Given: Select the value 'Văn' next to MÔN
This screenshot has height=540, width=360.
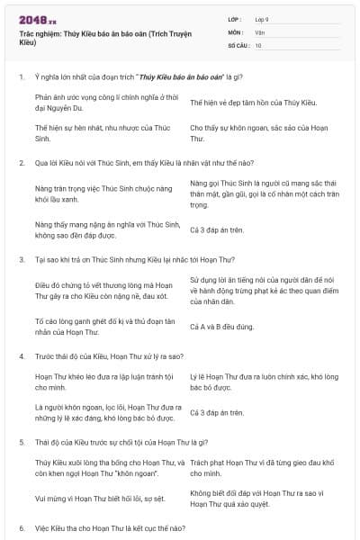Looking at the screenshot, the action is [x=260, y=31].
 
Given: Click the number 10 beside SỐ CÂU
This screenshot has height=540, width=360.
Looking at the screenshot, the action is [x=258, y=44].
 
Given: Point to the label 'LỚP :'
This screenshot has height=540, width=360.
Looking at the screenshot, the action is [x=237, y=19].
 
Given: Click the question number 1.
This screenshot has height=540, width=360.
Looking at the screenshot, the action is [x=21, y=76].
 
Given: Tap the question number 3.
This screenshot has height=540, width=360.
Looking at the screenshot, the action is [x=21, y=259].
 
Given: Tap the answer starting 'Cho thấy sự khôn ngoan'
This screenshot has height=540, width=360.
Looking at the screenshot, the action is [x=262, y=133].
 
